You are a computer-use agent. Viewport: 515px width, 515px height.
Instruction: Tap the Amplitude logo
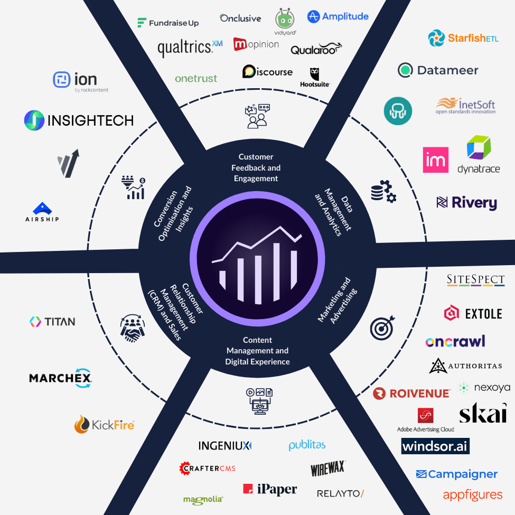[x=338, y=16]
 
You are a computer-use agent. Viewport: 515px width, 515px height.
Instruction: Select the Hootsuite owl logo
[x=315, y=77]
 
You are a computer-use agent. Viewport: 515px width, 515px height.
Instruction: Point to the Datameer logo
[x=438, y=70]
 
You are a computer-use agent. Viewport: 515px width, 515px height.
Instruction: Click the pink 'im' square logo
[x=436, y=160]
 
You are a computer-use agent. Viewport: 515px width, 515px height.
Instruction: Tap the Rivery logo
[x=466, y=202]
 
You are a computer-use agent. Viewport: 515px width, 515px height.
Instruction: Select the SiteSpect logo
[x=475, y=280]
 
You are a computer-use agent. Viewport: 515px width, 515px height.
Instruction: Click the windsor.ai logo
[x=435, y=446]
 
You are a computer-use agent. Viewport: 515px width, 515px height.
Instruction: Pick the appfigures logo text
[x=473, y=495]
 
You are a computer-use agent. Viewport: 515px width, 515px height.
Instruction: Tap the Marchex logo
[x=61, y=378]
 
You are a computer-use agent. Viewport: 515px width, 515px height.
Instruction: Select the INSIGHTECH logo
[x=79, y=120]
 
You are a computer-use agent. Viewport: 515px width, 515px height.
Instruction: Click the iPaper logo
[x=270, y=489]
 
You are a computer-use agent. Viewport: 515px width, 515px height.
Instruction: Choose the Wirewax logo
[x=327, y=468]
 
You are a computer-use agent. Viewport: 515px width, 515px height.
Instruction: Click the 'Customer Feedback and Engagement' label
[x=256, y=167]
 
